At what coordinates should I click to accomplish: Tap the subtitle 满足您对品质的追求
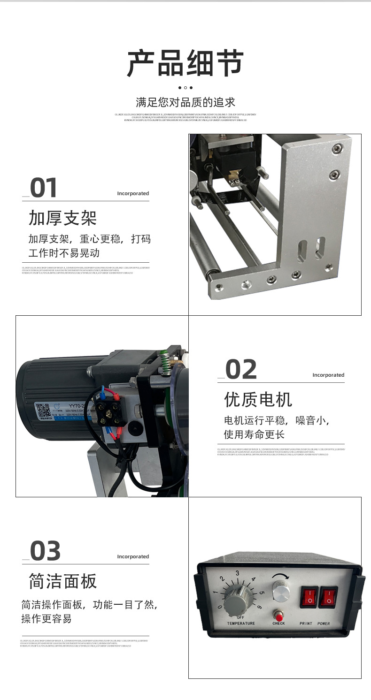point(185,102)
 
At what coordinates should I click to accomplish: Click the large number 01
point(44,188)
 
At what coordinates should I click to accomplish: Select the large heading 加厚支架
point(62,218)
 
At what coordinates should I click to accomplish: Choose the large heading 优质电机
point(258,400)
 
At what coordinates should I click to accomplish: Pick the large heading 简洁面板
point(62,581)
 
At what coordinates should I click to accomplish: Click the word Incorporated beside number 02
point(328,375)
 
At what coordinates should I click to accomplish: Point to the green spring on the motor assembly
point(164,364)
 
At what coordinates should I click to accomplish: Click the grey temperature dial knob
point(235,601)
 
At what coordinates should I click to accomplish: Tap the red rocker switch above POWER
point(329,597)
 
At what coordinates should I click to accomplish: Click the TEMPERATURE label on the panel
point(241,624)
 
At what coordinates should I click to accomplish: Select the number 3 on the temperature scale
point(238,573)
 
